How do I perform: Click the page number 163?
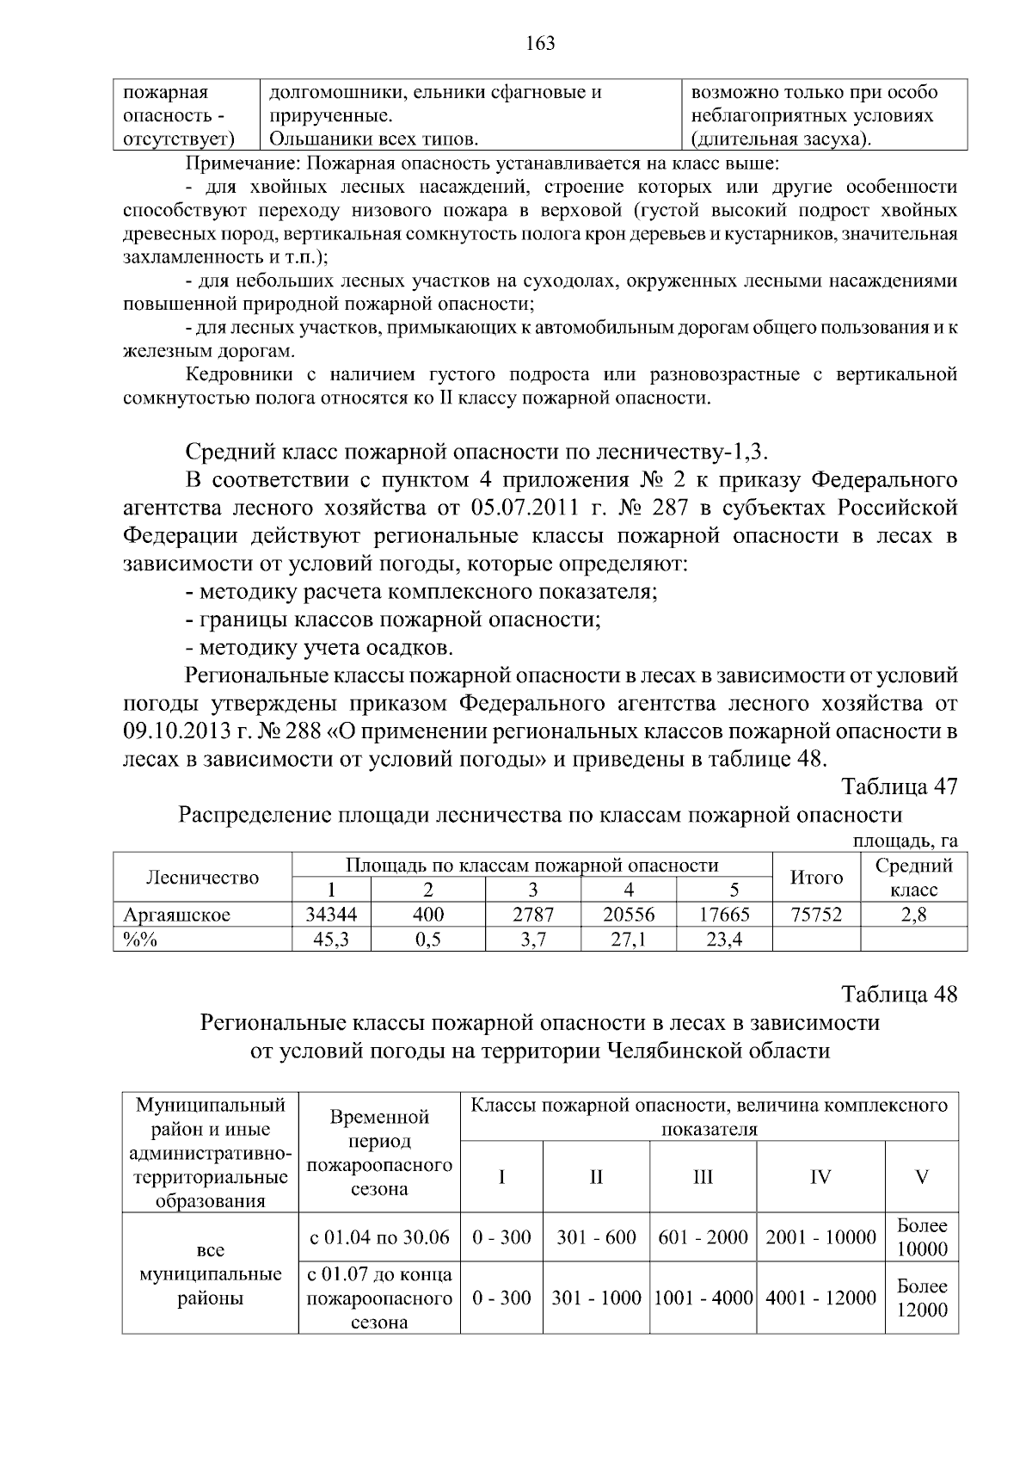click(540, 43)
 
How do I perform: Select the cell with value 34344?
click(331, 915)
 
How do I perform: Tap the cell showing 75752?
click(815, 915)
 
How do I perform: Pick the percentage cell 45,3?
click(331, 940)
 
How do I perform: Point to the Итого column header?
click(815, 877)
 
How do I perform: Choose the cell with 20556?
click(628, 915)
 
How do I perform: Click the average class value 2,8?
click(913, 915)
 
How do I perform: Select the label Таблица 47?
click(899, 786)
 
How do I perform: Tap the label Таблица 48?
click(899, 995)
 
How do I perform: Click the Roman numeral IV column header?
click(820, 1177)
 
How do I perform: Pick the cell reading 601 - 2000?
click(703, 1237)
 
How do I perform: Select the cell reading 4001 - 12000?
click(820, 1298)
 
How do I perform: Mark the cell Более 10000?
click(922, 1237)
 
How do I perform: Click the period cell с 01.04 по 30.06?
click(379, 1237)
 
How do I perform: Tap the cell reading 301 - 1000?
click(596, 1298)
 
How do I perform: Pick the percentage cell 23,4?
click(724, 940)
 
